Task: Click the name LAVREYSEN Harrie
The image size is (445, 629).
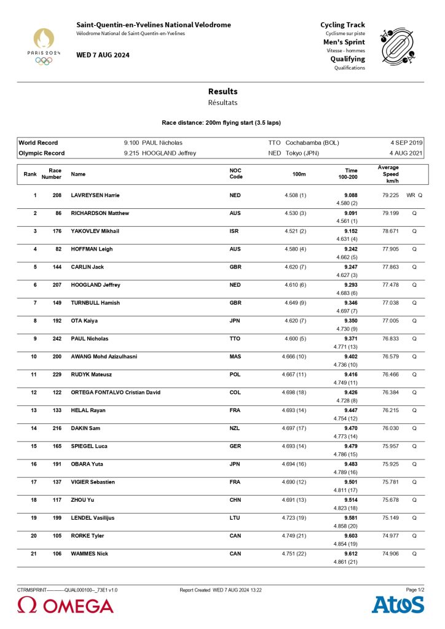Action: tap(95, 195)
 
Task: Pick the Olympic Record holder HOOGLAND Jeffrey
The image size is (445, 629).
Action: tap(169, 153)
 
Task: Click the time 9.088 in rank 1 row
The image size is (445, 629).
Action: tap(350, 195)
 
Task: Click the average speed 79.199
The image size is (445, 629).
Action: tap(390, 213)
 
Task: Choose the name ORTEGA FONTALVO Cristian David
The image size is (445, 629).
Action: tap(116, 392)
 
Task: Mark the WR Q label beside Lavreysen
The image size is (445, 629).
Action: tap(414, 195)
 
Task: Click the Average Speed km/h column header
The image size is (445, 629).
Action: tap(388, 174)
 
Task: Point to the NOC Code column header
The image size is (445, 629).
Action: tap(236, 174)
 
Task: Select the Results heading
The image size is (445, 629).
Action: tap(222, 92)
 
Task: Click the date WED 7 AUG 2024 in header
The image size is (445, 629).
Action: tap(103, 55)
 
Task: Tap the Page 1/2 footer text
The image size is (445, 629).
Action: tap(415, 590)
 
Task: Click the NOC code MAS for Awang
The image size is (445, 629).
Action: tap(235, 356)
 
